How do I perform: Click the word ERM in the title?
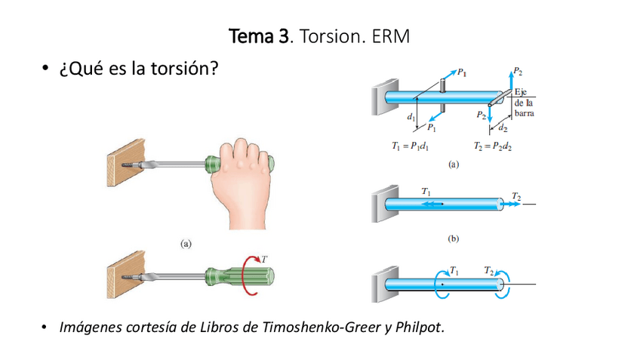391,35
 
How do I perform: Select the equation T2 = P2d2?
492,146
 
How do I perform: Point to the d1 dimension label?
410,117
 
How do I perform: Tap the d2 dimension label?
503,128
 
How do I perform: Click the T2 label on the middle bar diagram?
516,196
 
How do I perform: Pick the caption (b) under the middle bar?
453,238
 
